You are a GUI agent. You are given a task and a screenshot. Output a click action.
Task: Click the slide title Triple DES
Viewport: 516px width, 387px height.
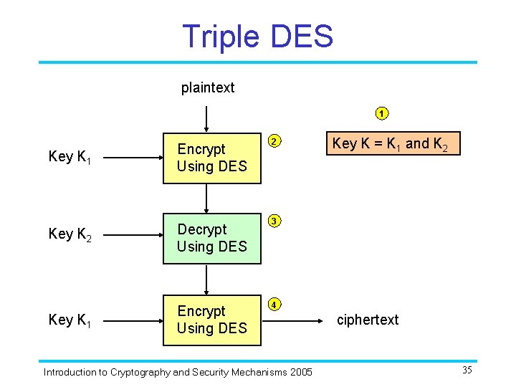click(258, 36)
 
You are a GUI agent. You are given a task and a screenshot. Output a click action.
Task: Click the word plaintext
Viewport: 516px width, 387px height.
click(208, 88)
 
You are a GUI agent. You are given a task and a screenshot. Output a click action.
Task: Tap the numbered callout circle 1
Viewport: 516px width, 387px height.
click(383, 113)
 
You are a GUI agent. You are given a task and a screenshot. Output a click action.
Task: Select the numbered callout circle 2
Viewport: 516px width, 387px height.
click(274, 140)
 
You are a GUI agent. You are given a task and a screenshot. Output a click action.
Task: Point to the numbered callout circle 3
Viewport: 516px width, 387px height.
click(274, 221)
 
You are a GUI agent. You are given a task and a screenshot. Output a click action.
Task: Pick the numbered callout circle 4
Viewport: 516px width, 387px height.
click(274, 303)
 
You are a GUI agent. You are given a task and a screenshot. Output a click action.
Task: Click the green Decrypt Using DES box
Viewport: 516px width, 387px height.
click(211, 238)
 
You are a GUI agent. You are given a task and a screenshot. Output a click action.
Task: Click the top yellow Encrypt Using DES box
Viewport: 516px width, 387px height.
click(211, 158)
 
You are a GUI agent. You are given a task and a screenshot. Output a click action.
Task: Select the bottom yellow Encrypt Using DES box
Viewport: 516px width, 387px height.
click(211, 320)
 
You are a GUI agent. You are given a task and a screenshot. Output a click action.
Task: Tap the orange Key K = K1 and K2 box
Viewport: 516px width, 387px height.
click(390, 144)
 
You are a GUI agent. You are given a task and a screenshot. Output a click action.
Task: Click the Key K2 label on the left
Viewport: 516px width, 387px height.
click(70, 234)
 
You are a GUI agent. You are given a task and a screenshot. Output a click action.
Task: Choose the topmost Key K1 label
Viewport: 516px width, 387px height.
click(70, 157)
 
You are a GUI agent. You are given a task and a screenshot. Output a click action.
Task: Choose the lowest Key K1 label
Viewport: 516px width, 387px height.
click(70, 320)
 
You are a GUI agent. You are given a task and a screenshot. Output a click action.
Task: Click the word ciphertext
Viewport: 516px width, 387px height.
click(368, 320)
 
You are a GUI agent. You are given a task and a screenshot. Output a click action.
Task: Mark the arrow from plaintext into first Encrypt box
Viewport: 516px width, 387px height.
click(206, 118)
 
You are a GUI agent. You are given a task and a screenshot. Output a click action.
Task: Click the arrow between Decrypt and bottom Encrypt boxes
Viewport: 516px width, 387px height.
click(206, 279)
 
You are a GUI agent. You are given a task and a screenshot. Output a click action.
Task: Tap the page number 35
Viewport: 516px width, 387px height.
click(467, 371)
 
